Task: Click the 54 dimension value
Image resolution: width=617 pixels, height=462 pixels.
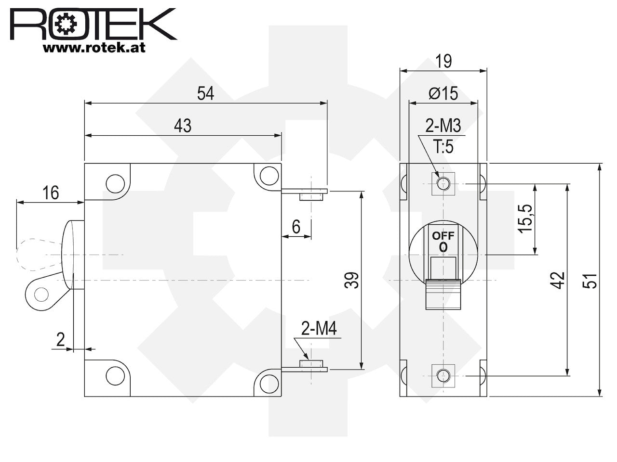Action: coord(205,93)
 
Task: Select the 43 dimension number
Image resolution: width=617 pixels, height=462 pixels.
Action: coord(183,126)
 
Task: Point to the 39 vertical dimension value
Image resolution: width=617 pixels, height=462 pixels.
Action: coord(352,280)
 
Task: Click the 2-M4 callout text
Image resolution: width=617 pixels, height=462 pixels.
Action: coord(319,329)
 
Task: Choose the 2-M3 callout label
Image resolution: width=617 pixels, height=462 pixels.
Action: coord(443,126)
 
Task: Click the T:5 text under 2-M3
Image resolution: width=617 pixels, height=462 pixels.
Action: coord(443,146)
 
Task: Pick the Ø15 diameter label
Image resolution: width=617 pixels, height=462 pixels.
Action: coord(443,93)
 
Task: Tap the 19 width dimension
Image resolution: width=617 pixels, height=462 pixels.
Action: coord(443,61)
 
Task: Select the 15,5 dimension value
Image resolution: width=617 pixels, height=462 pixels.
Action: coord(525,219)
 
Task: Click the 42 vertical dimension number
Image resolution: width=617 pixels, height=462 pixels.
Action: coord(557,280)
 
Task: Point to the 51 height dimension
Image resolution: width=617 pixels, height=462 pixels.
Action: coord(590,281)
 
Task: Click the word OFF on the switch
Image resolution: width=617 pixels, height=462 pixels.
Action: coord(443,236)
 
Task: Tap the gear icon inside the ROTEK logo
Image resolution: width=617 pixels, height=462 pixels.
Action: coord(66,24)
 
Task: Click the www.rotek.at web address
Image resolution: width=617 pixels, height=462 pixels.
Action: coord(94,48)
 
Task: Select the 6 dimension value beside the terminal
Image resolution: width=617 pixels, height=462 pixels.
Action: coord(296,227)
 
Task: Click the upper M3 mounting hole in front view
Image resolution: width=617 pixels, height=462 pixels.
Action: coord(443,184)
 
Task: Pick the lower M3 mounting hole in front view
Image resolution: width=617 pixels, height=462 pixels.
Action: coord(443,375)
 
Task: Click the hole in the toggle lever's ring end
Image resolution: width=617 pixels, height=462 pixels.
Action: coord(41,294)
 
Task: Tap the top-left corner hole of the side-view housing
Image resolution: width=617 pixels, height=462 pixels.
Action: coord(115,183)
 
